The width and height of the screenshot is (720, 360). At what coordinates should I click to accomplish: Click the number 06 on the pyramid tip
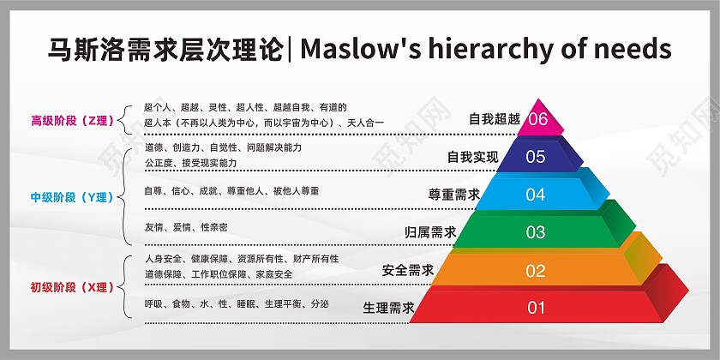[x=538, y=119]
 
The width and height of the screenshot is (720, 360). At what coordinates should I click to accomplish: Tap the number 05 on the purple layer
[x=536, y=157]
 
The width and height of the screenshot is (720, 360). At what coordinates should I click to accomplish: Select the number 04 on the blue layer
[x=536, y=195]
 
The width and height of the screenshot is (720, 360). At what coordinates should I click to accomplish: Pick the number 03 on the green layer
[x=536, y=232]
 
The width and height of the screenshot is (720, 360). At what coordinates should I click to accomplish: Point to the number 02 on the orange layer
[x=536, y=271]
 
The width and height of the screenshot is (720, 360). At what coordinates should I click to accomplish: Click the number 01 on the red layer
[x=536, y=308]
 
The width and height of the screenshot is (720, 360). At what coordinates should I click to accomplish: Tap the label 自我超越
[x=495, y=119]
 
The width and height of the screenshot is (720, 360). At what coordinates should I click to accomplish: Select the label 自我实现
[x=472, y=157]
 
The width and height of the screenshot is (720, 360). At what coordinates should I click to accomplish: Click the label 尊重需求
[x=453, y=195]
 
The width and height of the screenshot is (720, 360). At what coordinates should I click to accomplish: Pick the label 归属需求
[x=430, y=232]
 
